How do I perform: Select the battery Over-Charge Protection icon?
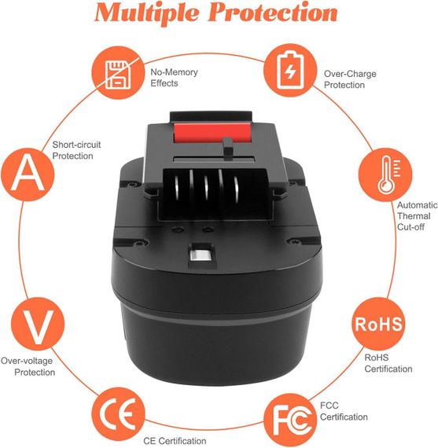click(289, 70)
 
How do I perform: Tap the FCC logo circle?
click(292, 417)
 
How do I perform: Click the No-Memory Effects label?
click(175, 78)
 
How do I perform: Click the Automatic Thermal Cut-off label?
click(412, 216)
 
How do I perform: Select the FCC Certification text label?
click(344, 410)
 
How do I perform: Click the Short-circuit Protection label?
click(76, 150)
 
